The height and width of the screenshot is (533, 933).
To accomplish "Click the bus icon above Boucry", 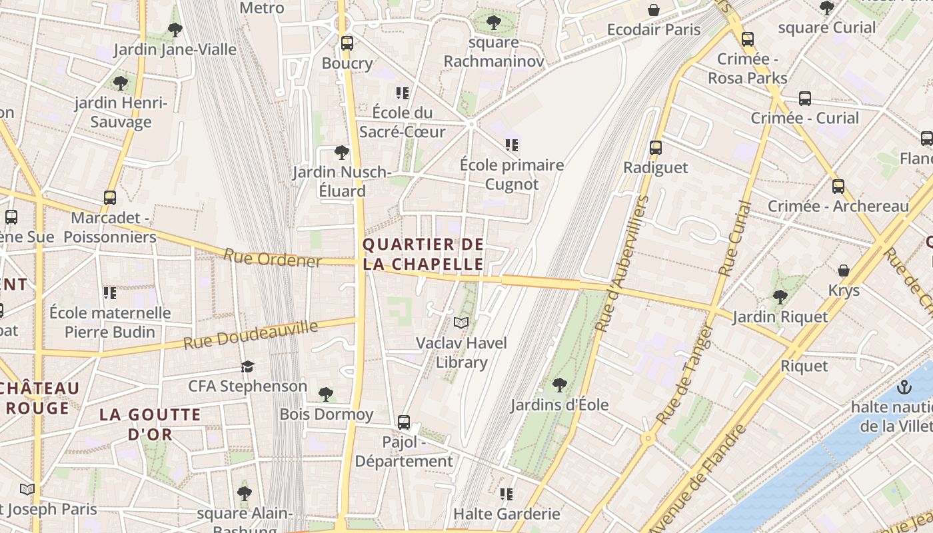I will pos(347,43).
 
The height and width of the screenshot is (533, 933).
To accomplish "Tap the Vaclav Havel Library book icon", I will pos(461,323).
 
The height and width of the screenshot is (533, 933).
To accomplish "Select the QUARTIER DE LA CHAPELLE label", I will pos(423,254).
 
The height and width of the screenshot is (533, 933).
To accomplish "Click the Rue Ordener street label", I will pos(272,258).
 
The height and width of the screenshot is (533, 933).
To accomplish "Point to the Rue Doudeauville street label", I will pos(251,335).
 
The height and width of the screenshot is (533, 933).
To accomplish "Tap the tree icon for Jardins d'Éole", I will pos(560,384).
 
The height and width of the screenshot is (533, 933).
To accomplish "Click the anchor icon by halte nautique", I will pos(904,386).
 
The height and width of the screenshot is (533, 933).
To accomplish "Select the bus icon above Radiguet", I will pos(656,148).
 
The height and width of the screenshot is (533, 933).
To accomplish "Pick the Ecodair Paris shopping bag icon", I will pos(654,10).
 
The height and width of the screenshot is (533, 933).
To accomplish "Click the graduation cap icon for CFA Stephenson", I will pos(248,366).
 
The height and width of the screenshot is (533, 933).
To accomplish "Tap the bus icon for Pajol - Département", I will pos(404,422).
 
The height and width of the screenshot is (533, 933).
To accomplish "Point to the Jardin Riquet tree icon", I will pos(780,296).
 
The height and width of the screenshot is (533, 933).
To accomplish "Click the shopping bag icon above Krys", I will pos(844,270).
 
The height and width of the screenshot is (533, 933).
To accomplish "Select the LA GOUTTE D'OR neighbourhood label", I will pos(150,424).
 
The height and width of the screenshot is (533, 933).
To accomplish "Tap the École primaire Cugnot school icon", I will pos(512,145).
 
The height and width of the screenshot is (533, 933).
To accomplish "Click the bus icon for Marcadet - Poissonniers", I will pos(110,198).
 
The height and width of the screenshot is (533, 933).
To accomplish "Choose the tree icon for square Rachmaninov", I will pos(494,23).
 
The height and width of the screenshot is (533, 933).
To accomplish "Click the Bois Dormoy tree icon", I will pos(326,394).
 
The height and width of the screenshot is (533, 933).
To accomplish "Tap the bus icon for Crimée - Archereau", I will pos(838,187).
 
